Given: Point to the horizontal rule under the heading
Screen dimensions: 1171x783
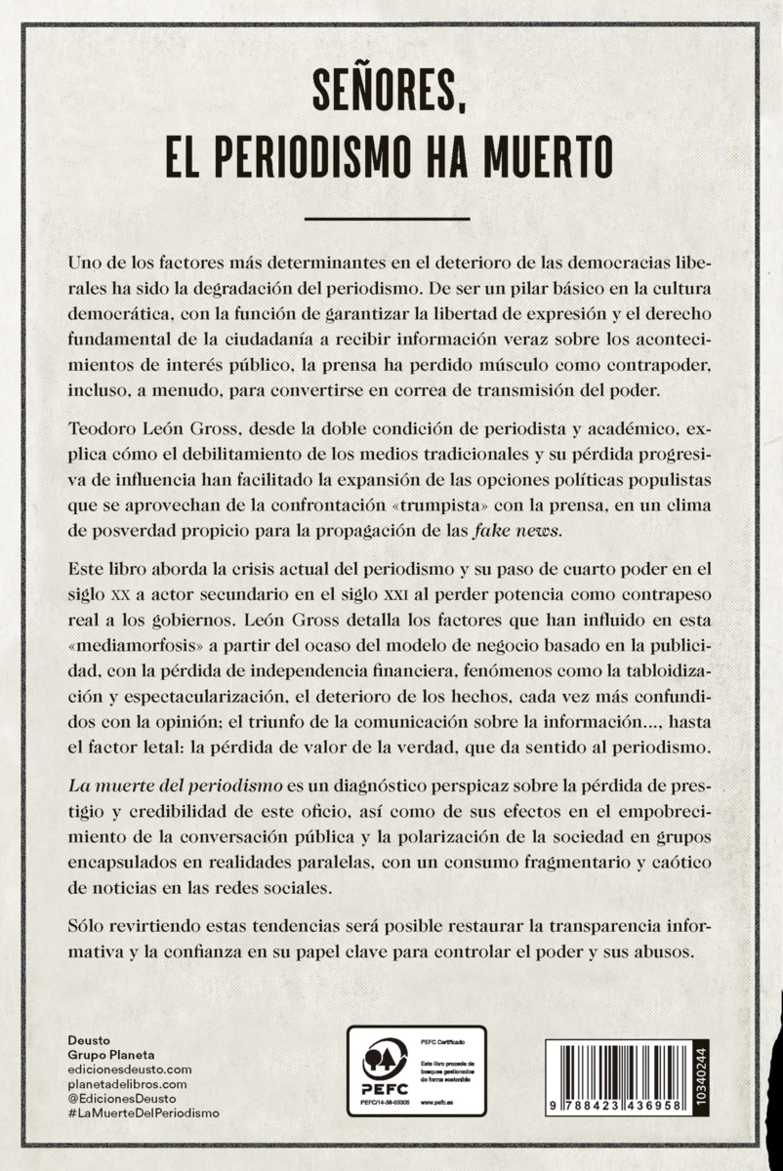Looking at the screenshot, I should [388, 219].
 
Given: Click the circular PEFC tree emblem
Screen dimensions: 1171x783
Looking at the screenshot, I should [385, 1059].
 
